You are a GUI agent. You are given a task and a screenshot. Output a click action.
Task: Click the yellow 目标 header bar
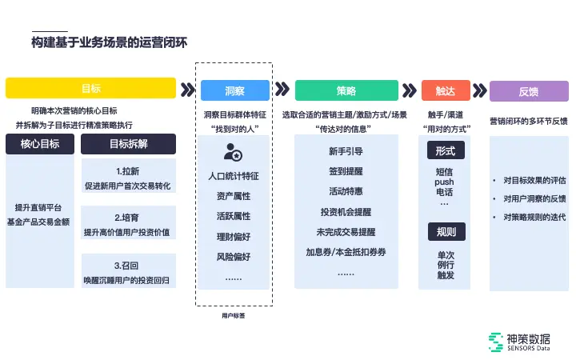tap(90, 88)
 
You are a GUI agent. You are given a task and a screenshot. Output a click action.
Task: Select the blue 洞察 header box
tap(235, 90)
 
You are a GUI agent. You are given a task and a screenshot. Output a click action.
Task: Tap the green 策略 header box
tap(346, 90)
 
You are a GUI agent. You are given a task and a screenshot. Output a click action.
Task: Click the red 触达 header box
tap(446, 90)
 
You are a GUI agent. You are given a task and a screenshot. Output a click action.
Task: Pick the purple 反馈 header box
tap(528, 90)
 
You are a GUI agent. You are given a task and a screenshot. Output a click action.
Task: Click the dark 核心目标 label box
tap(39, 144)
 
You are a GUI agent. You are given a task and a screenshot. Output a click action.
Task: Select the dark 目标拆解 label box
tap(128, 144)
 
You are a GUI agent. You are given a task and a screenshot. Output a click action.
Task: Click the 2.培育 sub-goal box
tap(128, 225)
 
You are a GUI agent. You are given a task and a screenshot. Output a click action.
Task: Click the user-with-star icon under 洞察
tap(233, 151)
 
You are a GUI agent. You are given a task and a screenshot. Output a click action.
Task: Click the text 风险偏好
tap(233, 257)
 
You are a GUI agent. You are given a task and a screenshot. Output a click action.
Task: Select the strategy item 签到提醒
tap(346, 171)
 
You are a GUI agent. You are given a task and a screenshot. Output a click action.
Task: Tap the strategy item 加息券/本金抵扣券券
tap(346, 252)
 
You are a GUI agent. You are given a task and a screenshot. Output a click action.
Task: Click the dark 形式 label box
tap(446, 151)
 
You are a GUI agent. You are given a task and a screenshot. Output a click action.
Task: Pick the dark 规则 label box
tap(446, 232)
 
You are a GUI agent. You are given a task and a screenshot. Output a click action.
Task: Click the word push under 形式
tap(445, 182)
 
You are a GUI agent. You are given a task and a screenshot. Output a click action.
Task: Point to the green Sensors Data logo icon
tap(496, 342)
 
